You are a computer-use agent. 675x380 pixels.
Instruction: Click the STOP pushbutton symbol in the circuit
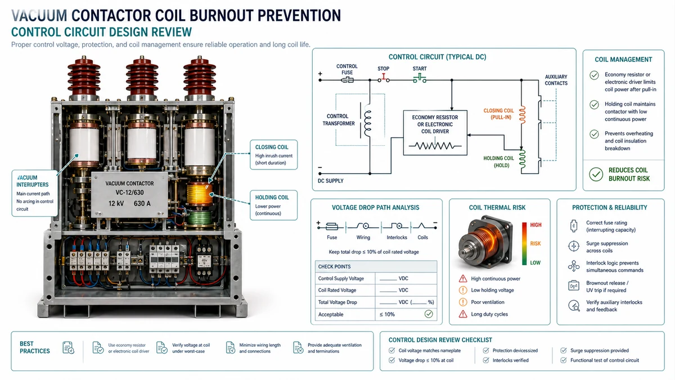[x=384, y=78]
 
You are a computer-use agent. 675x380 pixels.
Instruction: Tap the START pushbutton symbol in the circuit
[x=420, y=79]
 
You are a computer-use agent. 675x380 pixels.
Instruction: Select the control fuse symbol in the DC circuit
[x=347, y=80]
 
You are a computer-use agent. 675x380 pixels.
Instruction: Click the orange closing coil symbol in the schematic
[x=523, y=115]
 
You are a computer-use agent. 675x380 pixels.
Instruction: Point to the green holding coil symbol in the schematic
[x=522, y=159]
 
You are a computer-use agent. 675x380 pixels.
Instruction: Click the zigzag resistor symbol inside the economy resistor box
[x=435, y=146]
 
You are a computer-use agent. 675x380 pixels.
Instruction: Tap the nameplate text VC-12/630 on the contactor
[x=129, y=193]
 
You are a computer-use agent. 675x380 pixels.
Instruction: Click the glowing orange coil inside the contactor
[x=199, y=194]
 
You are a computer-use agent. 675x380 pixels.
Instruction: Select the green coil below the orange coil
[x=200, y=217]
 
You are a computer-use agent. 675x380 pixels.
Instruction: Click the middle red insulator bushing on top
[x=142, y=77]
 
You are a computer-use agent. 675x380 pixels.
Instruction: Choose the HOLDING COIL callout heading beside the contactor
[x=272, y=198]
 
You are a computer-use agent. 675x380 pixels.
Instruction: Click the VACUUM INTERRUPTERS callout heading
[x=32, y=181]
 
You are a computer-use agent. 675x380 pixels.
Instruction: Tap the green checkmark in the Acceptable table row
[x=429, y=314]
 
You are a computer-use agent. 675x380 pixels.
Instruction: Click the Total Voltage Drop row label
[x=337, y=302]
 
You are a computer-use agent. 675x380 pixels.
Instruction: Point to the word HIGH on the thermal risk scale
[x=535, y=225]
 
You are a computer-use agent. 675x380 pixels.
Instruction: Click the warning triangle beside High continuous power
[x=463, y=279]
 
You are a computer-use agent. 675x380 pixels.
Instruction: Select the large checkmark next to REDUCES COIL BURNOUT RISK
[x=596, y=174]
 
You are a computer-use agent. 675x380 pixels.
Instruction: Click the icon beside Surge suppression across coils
[x=573, y=246]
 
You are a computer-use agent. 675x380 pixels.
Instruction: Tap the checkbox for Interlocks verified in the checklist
[x=486, y=360]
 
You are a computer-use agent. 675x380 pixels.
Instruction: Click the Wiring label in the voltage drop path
[x=363, y=238]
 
